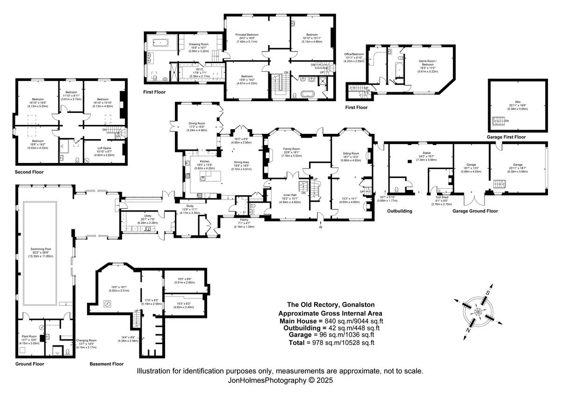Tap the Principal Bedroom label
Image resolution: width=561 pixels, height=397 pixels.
pyautogui.click(x=247, y=35)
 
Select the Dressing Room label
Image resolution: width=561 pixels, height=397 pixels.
pyautogui.click(x=199, y=44)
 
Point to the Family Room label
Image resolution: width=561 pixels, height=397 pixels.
pyautogui.click(x=291, y=149)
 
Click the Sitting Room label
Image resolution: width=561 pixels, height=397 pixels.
pyautogui.click(x=351, y=154)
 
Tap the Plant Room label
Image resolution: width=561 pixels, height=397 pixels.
pyautogui.click(x=29, y=336)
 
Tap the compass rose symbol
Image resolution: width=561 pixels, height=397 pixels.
pyautogui.click(x=478, y=311)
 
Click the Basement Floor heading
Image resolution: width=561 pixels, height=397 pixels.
pyautogui.click(x=107, y=364)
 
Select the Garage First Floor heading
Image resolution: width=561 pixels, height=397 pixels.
pyautogui.click(x=506, y=137)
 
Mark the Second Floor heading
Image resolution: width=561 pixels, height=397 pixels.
pyautogui.click(x=29, y=172)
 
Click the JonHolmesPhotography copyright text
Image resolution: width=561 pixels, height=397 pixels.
pyautogui.click(x=280, y=381)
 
